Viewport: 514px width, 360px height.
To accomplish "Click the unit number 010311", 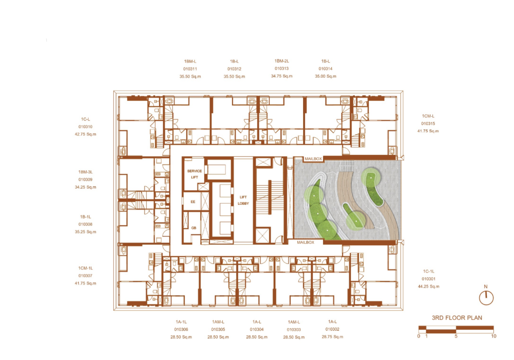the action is point(190,69).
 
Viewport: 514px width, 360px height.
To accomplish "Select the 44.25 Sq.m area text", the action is point(429,286).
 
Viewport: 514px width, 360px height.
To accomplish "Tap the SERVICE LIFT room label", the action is point(194,174).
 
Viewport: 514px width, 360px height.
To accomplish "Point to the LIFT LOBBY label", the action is point(243,200).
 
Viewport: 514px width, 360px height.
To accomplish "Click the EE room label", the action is point(193,202).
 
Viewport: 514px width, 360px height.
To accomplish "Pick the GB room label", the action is point(194,228).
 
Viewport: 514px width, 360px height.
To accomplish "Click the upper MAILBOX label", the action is point(313,159).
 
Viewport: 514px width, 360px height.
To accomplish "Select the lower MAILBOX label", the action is point(306,242).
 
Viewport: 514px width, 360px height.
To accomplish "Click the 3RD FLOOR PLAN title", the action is point(457,318).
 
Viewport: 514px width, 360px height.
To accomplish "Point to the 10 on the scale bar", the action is point(493,336).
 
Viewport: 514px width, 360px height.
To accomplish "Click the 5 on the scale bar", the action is point(456,336).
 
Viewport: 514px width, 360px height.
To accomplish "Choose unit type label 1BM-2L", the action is point(281,61).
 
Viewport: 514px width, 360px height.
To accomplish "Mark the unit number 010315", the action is point(428,123).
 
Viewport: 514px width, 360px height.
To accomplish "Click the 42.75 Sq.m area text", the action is point(85,134).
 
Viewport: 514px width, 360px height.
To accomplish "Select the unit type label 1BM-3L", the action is point(85,172).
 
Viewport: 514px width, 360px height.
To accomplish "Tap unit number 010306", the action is point(181,329).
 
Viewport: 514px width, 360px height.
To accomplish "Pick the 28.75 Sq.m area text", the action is point(332,337).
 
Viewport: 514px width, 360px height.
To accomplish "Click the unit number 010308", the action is point(85,224).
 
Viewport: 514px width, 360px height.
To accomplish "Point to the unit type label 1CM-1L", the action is point(85,268).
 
